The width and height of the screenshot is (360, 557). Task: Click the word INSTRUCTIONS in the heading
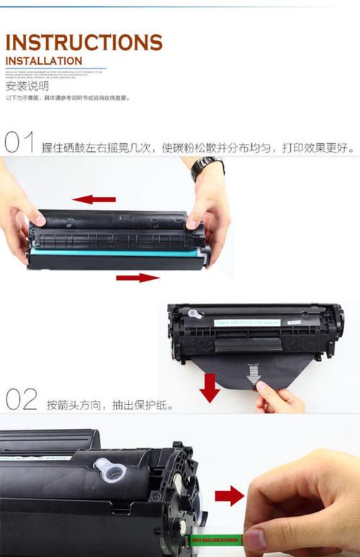pos(84,42)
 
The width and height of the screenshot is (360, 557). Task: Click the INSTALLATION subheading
pos(44,61)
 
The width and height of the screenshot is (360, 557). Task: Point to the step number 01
pos(19,142)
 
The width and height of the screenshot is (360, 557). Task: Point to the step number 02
pos(21,399)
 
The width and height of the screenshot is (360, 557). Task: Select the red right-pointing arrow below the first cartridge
pos(138,277)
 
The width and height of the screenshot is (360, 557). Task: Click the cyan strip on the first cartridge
pos(115,253)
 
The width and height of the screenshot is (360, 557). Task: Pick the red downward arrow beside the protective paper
pos(210,386)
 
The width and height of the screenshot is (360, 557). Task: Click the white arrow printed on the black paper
pos(253,372)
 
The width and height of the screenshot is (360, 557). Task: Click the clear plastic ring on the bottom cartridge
pos(109,471)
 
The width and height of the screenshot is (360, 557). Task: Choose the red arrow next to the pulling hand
pos(230,495)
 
